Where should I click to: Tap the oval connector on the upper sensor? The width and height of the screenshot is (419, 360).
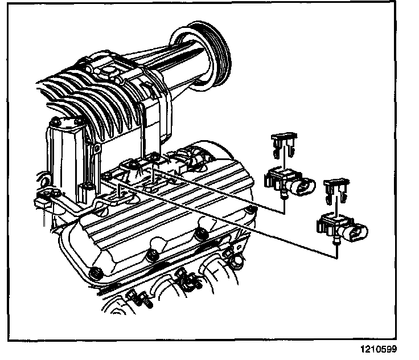(305, 186)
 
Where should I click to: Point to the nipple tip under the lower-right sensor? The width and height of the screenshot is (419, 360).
(335, 242)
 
